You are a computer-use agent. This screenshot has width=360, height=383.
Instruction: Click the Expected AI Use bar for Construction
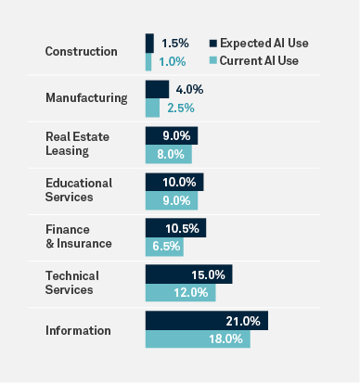click(x=149, y=44)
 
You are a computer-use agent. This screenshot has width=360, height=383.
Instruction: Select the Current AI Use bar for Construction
click(x=148, y=62)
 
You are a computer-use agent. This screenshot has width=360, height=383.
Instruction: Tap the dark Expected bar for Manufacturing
click(x=158, y=89)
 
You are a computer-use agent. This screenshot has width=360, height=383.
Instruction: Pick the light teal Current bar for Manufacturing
click(x=152, y=108)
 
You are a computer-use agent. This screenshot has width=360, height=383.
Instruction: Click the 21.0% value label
click(x=243, y=321)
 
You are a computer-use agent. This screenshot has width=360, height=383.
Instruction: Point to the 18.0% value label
click(x=225, y=339)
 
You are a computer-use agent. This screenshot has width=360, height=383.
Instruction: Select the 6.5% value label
click(x=166, y=247)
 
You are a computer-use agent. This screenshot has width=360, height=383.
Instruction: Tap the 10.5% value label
click(x=182, y=229)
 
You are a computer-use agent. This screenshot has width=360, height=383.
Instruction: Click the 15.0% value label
click(x=208, y=275)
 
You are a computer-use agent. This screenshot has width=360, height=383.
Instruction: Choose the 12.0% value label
click(x=191, y=292)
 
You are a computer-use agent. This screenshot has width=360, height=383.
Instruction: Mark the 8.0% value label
click(x=171, y=154)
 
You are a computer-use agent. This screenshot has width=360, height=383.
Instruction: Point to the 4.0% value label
click(x=189, y=90)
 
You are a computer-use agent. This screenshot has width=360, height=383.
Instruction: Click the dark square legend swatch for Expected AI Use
click(x=213, y=44)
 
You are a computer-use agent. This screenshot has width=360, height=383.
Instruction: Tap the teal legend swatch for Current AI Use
click(x=213, y=60)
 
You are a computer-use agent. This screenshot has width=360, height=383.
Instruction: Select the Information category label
click(x=78, y=330)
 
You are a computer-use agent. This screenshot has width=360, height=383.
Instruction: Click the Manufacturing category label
click(x=86, y=98)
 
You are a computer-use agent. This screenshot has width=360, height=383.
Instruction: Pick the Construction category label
click(x=82, y=51)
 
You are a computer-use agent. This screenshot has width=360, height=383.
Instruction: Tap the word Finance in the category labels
click(x=68, y=229)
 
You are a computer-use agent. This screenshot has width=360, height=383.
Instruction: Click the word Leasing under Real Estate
click(x=67, y=151)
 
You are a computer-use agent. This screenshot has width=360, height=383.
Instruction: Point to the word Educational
click(x=79, y=183)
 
